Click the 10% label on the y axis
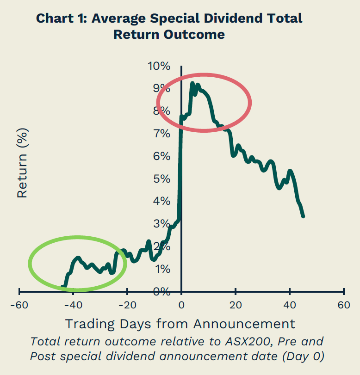pos(159,66)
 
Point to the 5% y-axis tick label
pos(161,179)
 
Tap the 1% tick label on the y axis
pos(161,269)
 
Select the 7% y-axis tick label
pos(161,134)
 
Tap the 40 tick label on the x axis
pos(290,306)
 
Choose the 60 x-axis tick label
pos(344,306)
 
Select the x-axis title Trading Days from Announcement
pos(180,323)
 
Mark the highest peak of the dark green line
pos(192,84)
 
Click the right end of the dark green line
pos(303,216)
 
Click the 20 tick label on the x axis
pos(236,306)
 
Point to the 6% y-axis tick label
pos(161,156)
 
